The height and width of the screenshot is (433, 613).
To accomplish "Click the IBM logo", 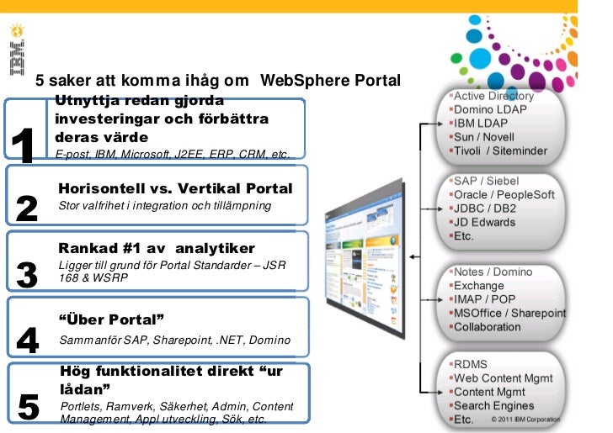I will (x=18, y=51).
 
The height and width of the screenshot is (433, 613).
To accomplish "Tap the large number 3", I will (x=27, y=275).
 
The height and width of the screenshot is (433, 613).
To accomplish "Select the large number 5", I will (x=28, y=407).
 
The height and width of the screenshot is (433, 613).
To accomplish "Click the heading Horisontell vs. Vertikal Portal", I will (x=175, y=187).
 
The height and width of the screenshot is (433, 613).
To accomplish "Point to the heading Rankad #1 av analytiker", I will (x=156, y=248).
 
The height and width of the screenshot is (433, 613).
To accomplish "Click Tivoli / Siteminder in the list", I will (x=501, y=150).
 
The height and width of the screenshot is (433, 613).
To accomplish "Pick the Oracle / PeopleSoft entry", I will (x=504, y=194).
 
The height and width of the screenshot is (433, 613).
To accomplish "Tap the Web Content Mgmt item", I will (x=504, y=378).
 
